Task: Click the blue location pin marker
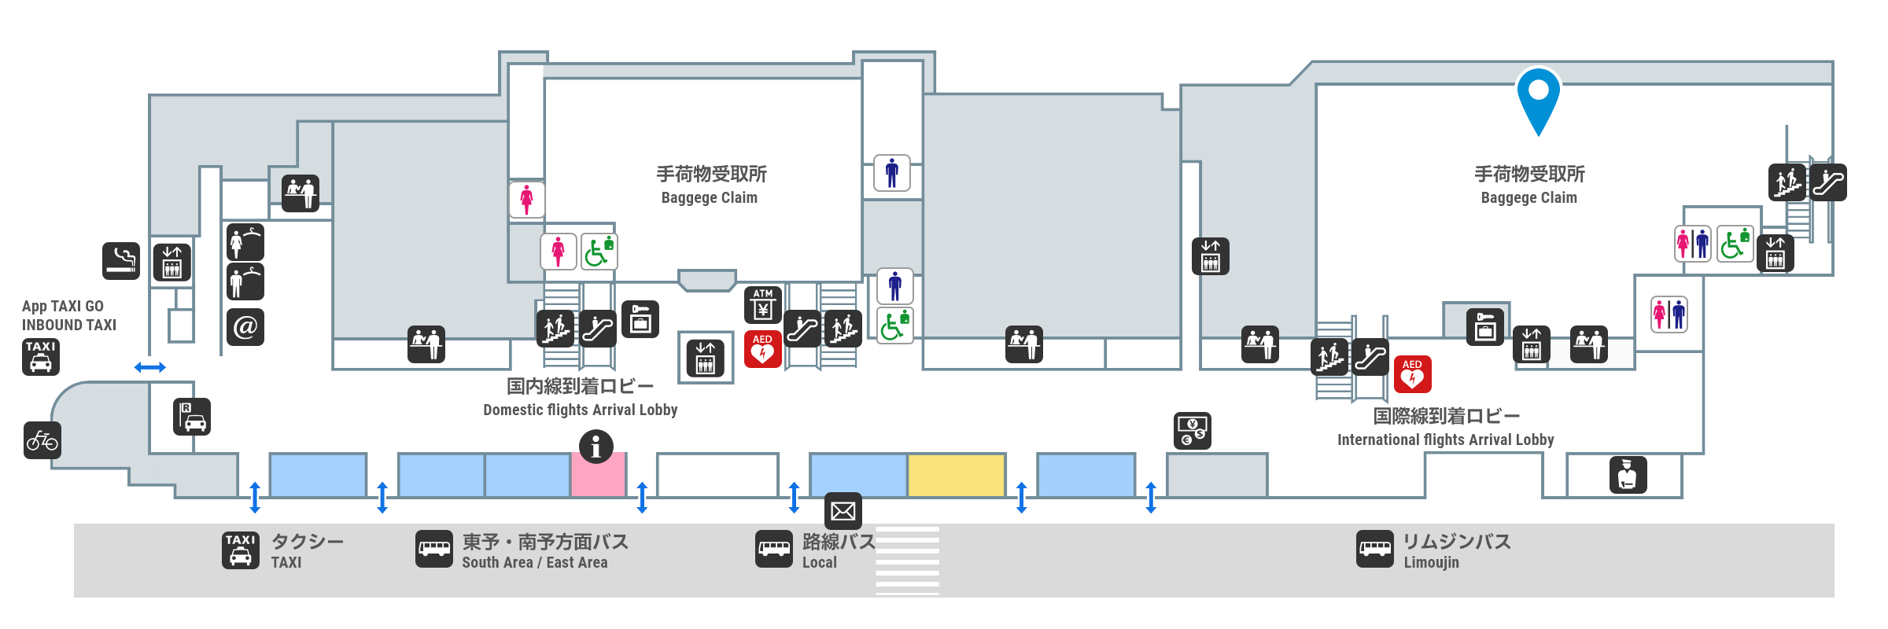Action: click(1538, 96)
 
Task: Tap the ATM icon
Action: click(763, 304)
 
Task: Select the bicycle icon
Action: click(42, 440)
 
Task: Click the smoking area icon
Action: click(121, 260)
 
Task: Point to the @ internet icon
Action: click(245, 326)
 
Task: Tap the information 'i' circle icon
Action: click(596, 447)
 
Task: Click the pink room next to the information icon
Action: click(598, 476)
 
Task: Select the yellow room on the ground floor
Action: click(957, 475)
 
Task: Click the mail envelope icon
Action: click(843, 512)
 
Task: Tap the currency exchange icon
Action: click(1193, 431)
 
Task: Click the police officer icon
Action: click(1628, 475)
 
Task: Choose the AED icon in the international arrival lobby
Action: click(1412, 373)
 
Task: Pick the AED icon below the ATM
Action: click(762, 349)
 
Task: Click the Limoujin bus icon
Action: click(1374, 549)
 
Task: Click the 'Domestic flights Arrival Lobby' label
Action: click(580, 410)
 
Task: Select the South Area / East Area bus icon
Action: click(434, 549)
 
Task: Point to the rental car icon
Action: click(192, 417)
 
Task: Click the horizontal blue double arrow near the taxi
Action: click(149, 367)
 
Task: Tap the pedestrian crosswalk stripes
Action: click(908, 560)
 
